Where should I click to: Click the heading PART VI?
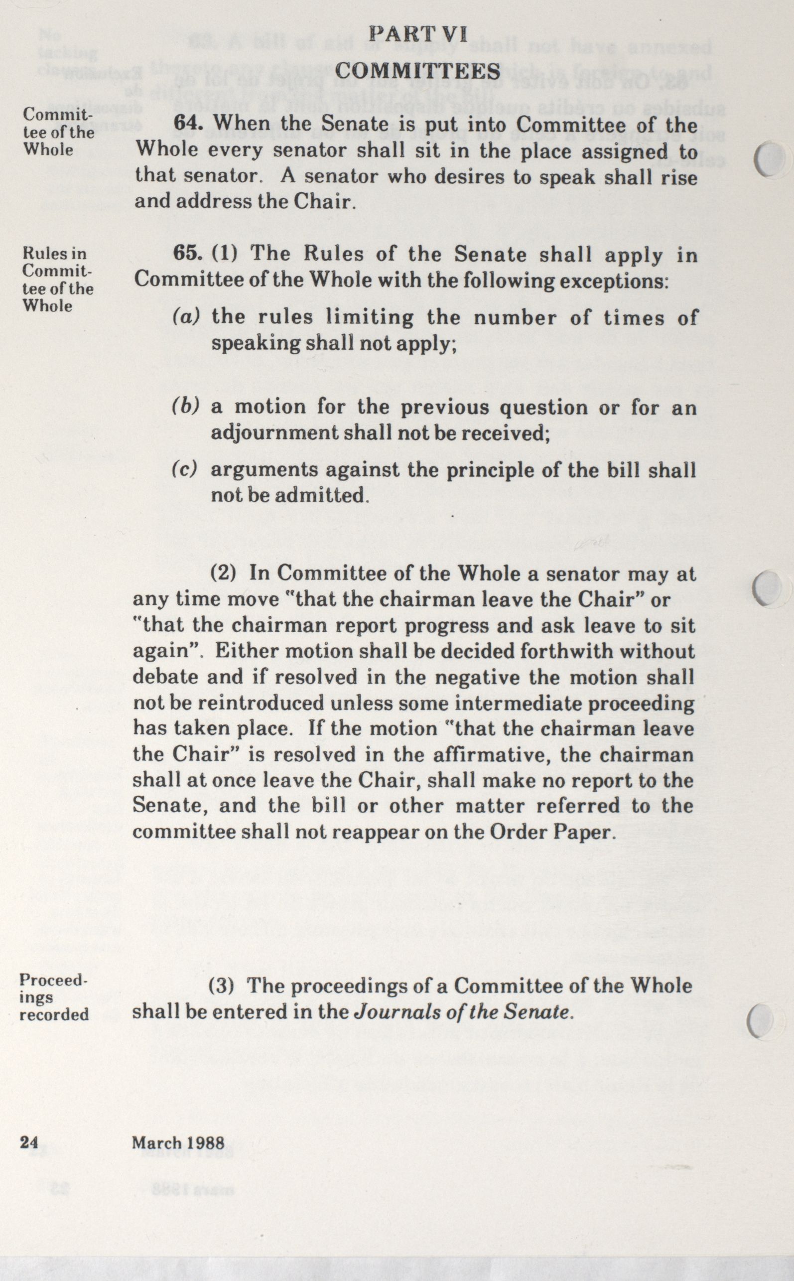pos(417,35)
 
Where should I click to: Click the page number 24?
pos(29,1143)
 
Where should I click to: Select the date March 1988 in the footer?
pos(178,1143)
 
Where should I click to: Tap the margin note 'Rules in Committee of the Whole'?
pos(57,280)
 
